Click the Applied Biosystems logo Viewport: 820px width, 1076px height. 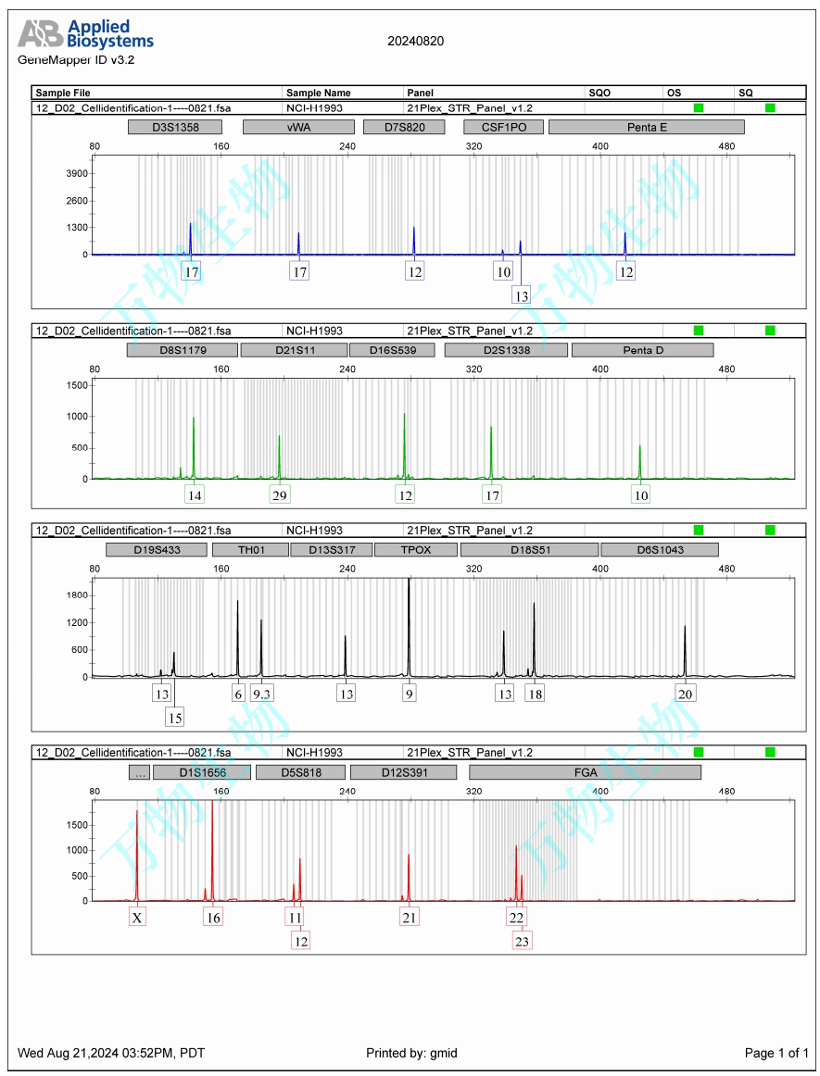click(x=85, y=34)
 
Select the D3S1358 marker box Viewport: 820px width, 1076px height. click(x=175, y=127)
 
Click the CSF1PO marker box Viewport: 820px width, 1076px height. click(x=503, y=127)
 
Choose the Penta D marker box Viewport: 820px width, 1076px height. click(x=642, y=350)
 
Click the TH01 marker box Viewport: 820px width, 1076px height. click(x=250, y=549)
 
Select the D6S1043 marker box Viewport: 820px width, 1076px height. click(x=659, y=549)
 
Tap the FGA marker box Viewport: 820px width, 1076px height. click(x=585, y=772)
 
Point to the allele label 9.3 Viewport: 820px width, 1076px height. click(x=262, y=694)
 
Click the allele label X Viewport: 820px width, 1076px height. click(x=137, y=917)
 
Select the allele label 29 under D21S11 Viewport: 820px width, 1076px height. click(x=279, y=494)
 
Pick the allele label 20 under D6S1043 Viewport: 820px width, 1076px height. click(x=686, y=694)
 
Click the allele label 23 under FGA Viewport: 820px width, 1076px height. click(x=523, y=940)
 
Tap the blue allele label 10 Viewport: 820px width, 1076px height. click(x=503, y=271)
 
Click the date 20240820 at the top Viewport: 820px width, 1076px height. click(x=415, y=41)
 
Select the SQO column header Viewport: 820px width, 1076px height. click(x=599, y=93)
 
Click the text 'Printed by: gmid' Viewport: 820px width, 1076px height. click(x=411, y=1053)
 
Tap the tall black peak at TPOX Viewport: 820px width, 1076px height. click(x=409, y=630)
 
